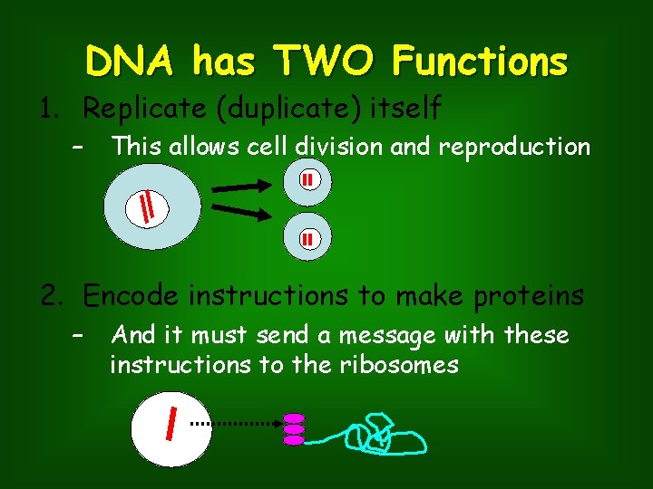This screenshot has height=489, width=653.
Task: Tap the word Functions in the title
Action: click(480, 62)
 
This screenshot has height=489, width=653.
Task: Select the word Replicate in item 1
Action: click(136, 109)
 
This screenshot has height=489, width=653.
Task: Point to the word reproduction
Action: click(514, 146)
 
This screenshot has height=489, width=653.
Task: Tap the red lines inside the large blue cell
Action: click(147, 208)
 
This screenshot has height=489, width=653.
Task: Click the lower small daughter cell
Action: click(308, 240)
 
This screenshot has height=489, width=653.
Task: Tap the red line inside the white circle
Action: click(171, 422)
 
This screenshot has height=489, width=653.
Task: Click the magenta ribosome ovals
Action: click(294, 429)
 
